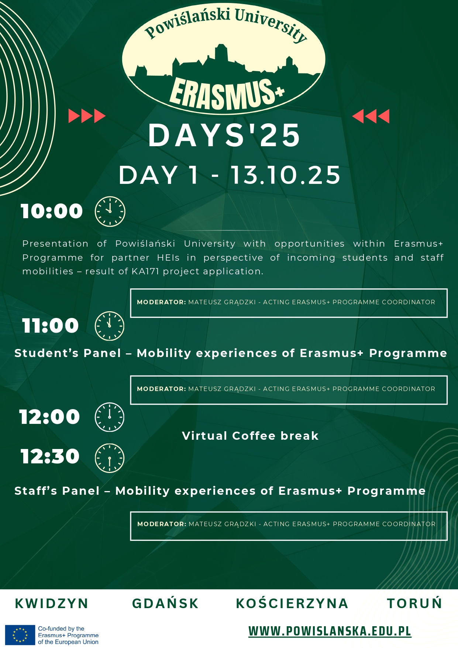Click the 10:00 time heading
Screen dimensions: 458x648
(52, 211)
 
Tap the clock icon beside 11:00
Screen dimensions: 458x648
(110, 326)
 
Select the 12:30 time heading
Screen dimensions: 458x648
(50, 456)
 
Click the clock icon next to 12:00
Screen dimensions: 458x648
(110, 417)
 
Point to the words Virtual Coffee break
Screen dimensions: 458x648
(250, 436)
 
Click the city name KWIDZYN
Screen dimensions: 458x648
(52, 603)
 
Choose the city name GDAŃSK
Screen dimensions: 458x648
(165, 603)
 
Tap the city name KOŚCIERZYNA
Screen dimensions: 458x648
(292, 603)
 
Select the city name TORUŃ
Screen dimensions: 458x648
(414, 603)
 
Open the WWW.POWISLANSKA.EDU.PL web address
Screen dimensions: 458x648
(330, 631)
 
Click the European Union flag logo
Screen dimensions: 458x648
(20, 635)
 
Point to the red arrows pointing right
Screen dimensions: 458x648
(87, 116)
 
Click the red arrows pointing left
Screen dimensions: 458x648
(371, 116)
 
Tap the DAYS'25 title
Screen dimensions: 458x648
(224, 135)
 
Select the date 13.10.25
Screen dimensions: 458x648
(286, 175)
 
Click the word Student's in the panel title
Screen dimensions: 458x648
(47, 353)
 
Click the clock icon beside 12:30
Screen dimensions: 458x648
(110, 458)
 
